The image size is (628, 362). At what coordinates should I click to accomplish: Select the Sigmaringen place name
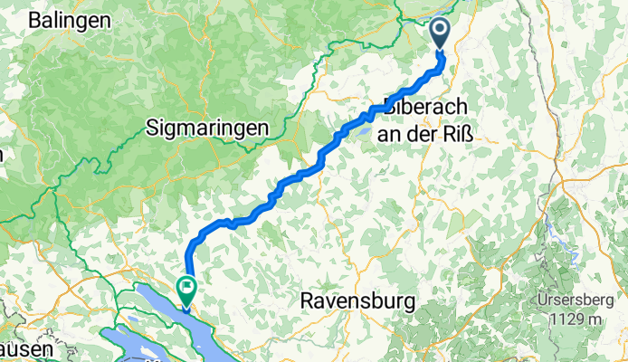207,129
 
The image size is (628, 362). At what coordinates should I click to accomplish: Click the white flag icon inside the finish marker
187,287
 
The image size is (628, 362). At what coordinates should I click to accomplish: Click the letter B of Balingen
34,19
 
